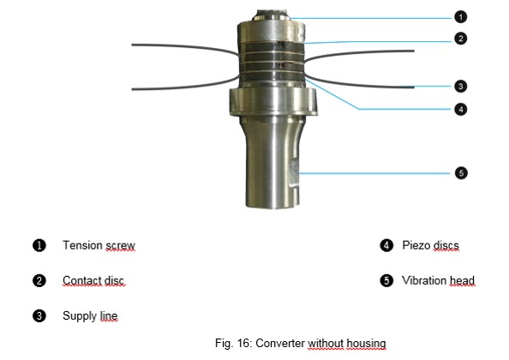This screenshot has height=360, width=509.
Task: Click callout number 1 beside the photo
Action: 461,17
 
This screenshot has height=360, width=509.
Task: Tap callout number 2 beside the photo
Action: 461,39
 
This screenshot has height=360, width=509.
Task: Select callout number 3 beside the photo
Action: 461,87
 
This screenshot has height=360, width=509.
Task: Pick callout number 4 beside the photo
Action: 461,110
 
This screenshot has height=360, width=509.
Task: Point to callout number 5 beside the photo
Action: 461,173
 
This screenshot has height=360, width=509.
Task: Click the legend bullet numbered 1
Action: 39,245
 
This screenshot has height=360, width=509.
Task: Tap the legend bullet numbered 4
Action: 386,245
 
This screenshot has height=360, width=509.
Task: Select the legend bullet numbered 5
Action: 386,280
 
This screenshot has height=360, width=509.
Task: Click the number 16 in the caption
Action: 243,343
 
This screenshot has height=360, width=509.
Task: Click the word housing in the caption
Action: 366,344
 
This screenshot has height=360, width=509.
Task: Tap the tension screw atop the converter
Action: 272,15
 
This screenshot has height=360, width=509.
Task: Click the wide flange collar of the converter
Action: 273,101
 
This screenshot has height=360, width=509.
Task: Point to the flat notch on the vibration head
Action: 294,174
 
